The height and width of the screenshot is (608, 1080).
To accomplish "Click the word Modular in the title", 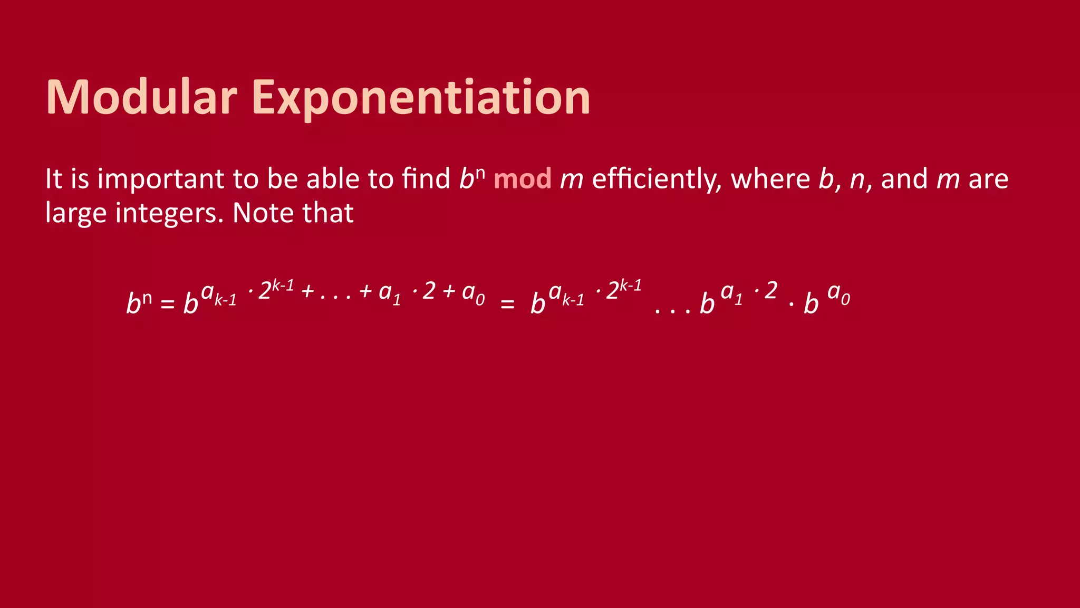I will click(x=141, y=97).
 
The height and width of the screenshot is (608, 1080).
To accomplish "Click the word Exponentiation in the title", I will click(x=421, y=98).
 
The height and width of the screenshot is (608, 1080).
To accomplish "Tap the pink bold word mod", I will click(x=522, y=179).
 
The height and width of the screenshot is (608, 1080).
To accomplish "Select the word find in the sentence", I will click(x=426, y=178).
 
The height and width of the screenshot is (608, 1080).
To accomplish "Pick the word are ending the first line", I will click(x=988, y=179).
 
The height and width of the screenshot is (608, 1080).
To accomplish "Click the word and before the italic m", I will click(x=904, y=179).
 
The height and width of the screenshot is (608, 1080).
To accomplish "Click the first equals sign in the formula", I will click(x=167, y=304).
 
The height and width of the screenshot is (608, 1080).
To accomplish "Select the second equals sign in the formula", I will click(x=507, y=304).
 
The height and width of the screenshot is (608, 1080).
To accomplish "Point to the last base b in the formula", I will click(x=811, y=303).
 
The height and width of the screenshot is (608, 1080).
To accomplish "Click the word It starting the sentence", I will click(x=54, y=179).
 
